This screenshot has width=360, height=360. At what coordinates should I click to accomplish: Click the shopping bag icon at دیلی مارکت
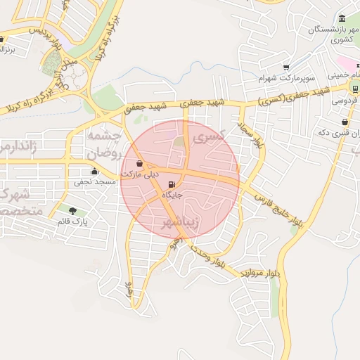(139, 163)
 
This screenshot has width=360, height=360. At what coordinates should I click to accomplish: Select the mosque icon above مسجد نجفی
(94, 171)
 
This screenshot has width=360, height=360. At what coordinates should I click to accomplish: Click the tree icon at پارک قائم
(73, 210)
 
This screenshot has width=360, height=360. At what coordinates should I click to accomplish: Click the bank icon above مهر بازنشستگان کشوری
(342, 18)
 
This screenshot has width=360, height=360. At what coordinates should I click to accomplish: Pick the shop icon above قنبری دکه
(343, 122)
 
